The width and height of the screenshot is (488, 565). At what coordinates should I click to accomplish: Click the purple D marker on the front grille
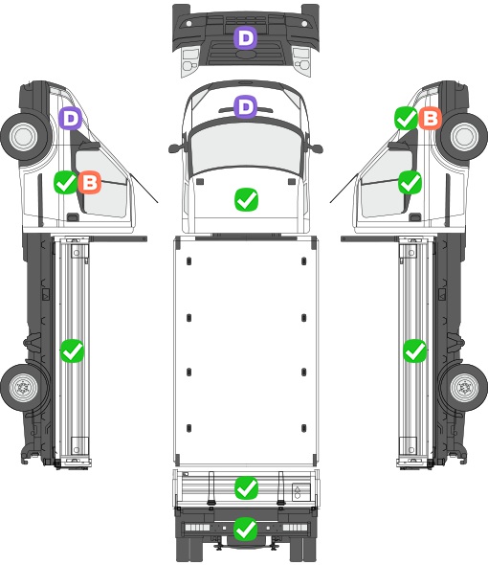[245, 38]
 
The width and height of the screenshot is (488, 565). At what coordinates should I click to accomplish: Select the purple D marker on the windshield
[245, 106]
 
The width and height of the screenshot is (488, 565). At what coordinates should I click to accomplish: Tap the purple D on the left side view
[71, 118]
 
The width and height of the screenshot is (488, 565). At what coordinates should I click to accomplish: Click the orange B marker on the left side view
[90, 182]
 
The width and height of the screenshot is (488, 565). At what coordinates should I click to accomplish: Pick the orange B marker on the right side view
[431, 118]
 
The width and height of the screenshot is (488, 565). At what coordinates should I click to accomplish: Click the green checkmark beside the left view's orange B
[66, 182]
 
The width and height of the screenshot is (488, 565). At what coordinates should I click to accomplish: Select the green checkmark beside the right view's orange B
[407, 118]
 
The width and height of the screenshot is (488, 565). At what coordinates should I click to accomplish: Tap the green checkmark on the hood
[246, 199]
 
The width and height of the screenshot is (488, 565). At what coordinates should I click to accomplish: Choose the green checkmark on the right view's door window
[410, 182]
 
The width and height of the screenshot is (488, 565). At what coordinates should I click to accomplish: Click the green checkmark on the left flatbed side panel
[72, 350]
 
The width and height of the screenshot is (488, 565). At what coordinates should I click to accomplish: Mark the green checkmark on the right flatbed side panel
[415, 350]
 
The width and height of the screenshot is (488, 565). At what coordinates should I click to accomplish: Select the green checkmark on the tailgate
[246, 488]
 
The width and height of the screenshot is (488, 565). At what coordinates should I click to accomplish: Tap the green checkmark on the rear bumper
[246, 529]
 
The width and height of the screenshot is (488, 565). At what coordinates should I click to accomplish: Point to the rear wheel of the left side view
[24, 387]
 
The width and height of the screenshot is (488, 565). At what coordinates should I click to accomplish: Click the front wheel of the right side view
[463, 136]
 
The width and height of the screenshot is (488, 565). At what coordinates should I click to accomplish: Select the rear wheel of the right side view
[464, 387]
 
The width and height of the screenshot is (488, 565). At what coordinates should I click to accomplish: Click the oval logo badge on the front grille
[245, 54]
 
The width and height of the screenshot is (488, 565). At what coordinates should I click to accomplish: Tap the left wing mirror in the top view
[175, 148]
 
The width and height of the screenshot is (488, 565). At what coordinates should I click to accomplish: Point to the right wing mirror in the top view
[315, 148]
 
